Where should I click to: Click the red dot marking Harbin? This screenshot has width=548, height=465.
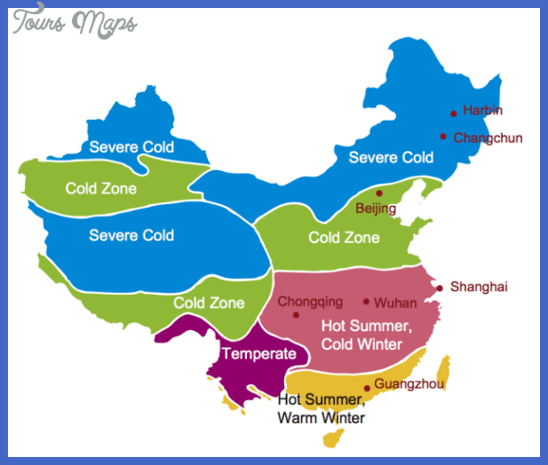pyautogui.click(x=453, y=113)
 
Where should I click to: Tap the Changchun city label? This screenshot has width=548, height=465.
pyautogui.click(x=488, y=138)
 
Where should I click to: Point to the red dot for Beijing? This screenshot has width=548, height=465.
pyautogui.click(x=378, y=193)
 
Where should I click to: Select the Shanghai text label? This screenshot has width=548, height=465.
pyautogui.click(x=479, y=287)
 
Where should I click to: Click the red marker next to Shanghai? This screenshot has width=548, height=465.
pyautogui.click(x=439, y=288)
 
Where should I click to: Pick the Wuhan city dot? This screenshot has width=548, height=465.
pyautogui.click(x=366, y=302)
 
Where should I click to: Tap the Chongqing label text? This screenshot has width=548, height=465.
pyautogui.click(x=310, y=301)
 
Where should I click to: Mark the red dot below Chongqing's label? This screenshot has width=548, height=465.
pyautogui.click(x=296, y=314)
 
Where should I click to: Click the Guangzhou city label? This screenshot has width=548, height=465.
pyautogui.click(x=409, y=383)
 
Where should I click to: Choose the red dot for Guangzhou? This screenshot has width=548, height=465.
pyautogui.click(x=367, y=388)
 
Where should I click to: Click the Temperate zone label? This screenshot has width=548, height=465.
pyautogui.click(x=258, y=354)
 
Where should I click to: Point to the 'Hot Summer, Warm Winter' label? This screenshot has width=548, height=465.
pyautogui.click(x=321, y=408)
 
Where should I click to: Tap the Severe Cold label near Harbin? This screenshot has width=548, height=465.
pyautogui.click(x=391, y=157)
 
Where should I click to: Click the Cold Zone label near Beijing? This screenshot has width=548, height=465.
pyautogui.click(x=344, y=237)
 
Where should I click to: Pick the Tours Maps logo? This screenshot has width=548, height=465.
pyautogui.click(x=74, y=22)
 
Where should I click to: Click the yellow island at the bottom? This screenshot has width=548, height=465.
pyautogui.click(x=334, y=437)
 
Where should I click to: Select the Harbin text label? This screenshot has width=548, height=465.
pyautogui.click(x=482, y=110)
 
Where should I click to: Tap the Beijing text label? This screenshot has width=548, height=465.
pyautogui.click(x=376, y=209)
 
